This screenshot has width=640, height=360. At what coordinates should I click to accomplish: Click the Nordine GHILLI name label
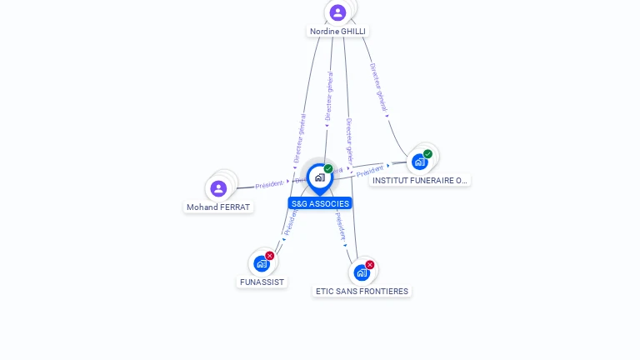(337, 32)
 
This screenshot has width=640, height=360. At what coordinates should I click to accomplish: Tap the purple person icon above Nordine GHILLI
(337, 12)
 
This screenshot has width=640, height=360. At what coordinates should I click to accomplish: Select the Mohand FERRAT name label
(218, 207)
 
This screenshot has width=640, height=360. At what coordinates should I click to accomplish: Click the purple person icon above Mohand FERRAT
(218, 188)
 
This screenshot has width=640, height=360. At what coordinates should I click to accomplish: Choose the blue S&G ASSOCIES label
(320, 203)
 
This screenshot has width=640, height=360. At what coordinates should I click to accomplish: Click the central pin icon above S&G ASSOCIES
(319, 177)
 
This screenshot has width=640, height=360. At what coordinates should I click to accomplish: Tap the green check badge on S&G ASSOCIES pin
(328, 169)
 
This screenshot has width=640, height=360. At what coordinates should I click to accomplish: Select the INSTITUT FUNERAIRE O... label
(420, 180)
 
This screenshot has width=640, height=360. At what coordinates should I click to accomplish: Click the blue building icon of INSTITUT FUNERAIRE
(419, 162)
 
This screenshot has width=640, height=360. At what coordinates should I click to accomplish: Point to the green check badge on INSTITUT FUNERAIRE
(427, 154)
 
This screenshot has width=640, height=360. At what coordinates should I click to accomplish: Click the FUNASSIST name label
(262, 282)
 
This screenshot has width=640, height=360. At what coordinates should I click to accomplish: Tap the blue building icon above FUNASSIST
(262, 264)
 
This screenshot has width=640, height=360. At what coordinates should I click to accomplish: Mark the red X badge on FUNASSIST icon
(270, 256)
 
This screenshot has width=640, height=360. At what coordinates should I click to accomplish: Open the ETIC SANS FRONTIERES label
(362, 292)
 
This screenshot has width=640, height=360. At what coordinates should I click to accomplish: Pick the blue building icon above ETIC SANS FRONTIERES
(361, 272)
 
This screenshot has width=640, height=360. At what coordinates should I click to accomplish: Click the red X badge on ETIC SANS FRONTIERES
(370, 265)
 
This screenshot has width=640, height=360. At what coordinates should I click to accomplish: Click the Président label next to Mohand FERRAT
(269, 184)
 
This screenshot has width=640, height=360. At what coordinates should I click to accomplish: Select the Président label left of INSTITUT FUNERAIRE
(370, 171)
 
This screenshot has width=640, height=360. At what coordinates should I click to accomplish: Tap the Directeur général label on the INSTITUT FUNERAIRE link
(378, 87)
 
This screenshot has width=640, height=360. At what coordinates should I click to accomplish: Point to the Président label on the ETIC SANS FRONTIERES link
(341, 226)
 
